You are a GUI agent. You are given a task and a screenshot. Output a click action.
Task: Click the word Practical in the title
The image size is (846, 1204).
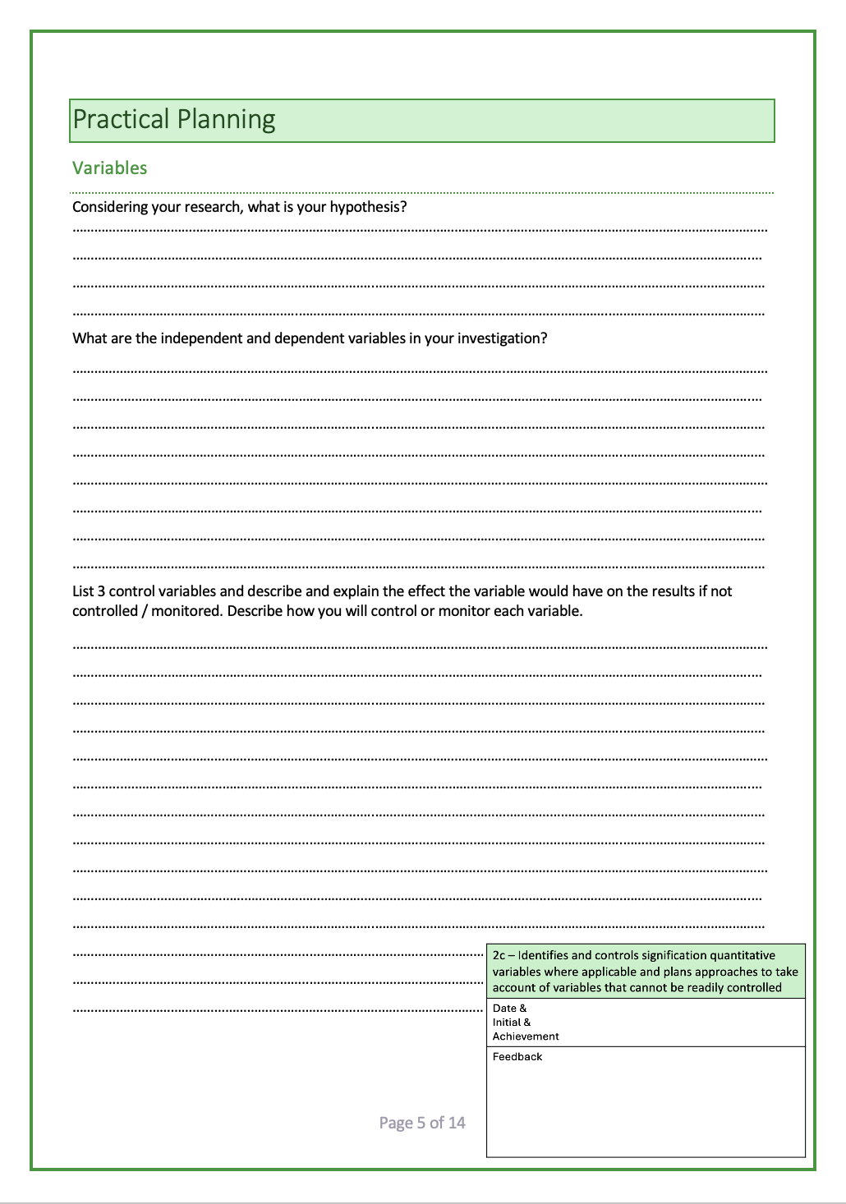pos(121,120)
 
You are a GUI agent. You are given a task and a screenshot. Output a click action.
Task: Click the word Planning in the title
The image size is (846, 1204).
pos(226,120)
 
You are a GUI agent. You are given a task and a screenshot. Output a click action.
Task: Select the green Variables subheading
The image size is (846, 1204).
pos(109,168)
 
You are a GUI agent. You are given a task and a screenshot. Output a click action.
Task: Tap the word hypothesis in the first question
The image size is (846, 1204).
pos(367,207)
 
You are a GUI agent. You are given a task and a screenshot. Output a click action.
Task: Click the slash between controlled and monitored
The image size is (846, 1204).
pos(145,612)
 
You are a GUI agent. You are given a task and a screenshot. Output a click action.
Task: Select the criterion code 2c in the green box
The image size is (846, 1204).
pos(499,956)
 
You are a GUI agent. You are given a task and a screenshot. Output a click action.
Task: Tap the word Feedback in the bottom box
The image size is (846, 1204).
pos(517,1057)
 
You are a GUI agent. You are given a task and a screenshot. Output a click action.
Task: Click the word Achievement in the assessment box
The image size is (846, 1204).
pos(526,1036)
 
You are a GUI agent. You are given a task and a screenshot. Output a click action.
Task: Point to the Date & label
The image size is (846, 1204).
pos(509,1009)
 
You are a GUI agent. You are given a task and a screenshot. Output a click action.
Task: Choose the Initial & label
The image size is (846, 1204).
pos(512,1022)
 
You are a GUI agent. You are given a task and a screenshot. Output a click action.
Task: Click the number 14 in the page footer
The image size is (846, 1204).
pos(457,1123)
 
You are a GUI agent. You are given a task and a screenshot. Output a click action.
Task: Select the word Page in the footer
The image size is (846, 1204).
pos(396,1123)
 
